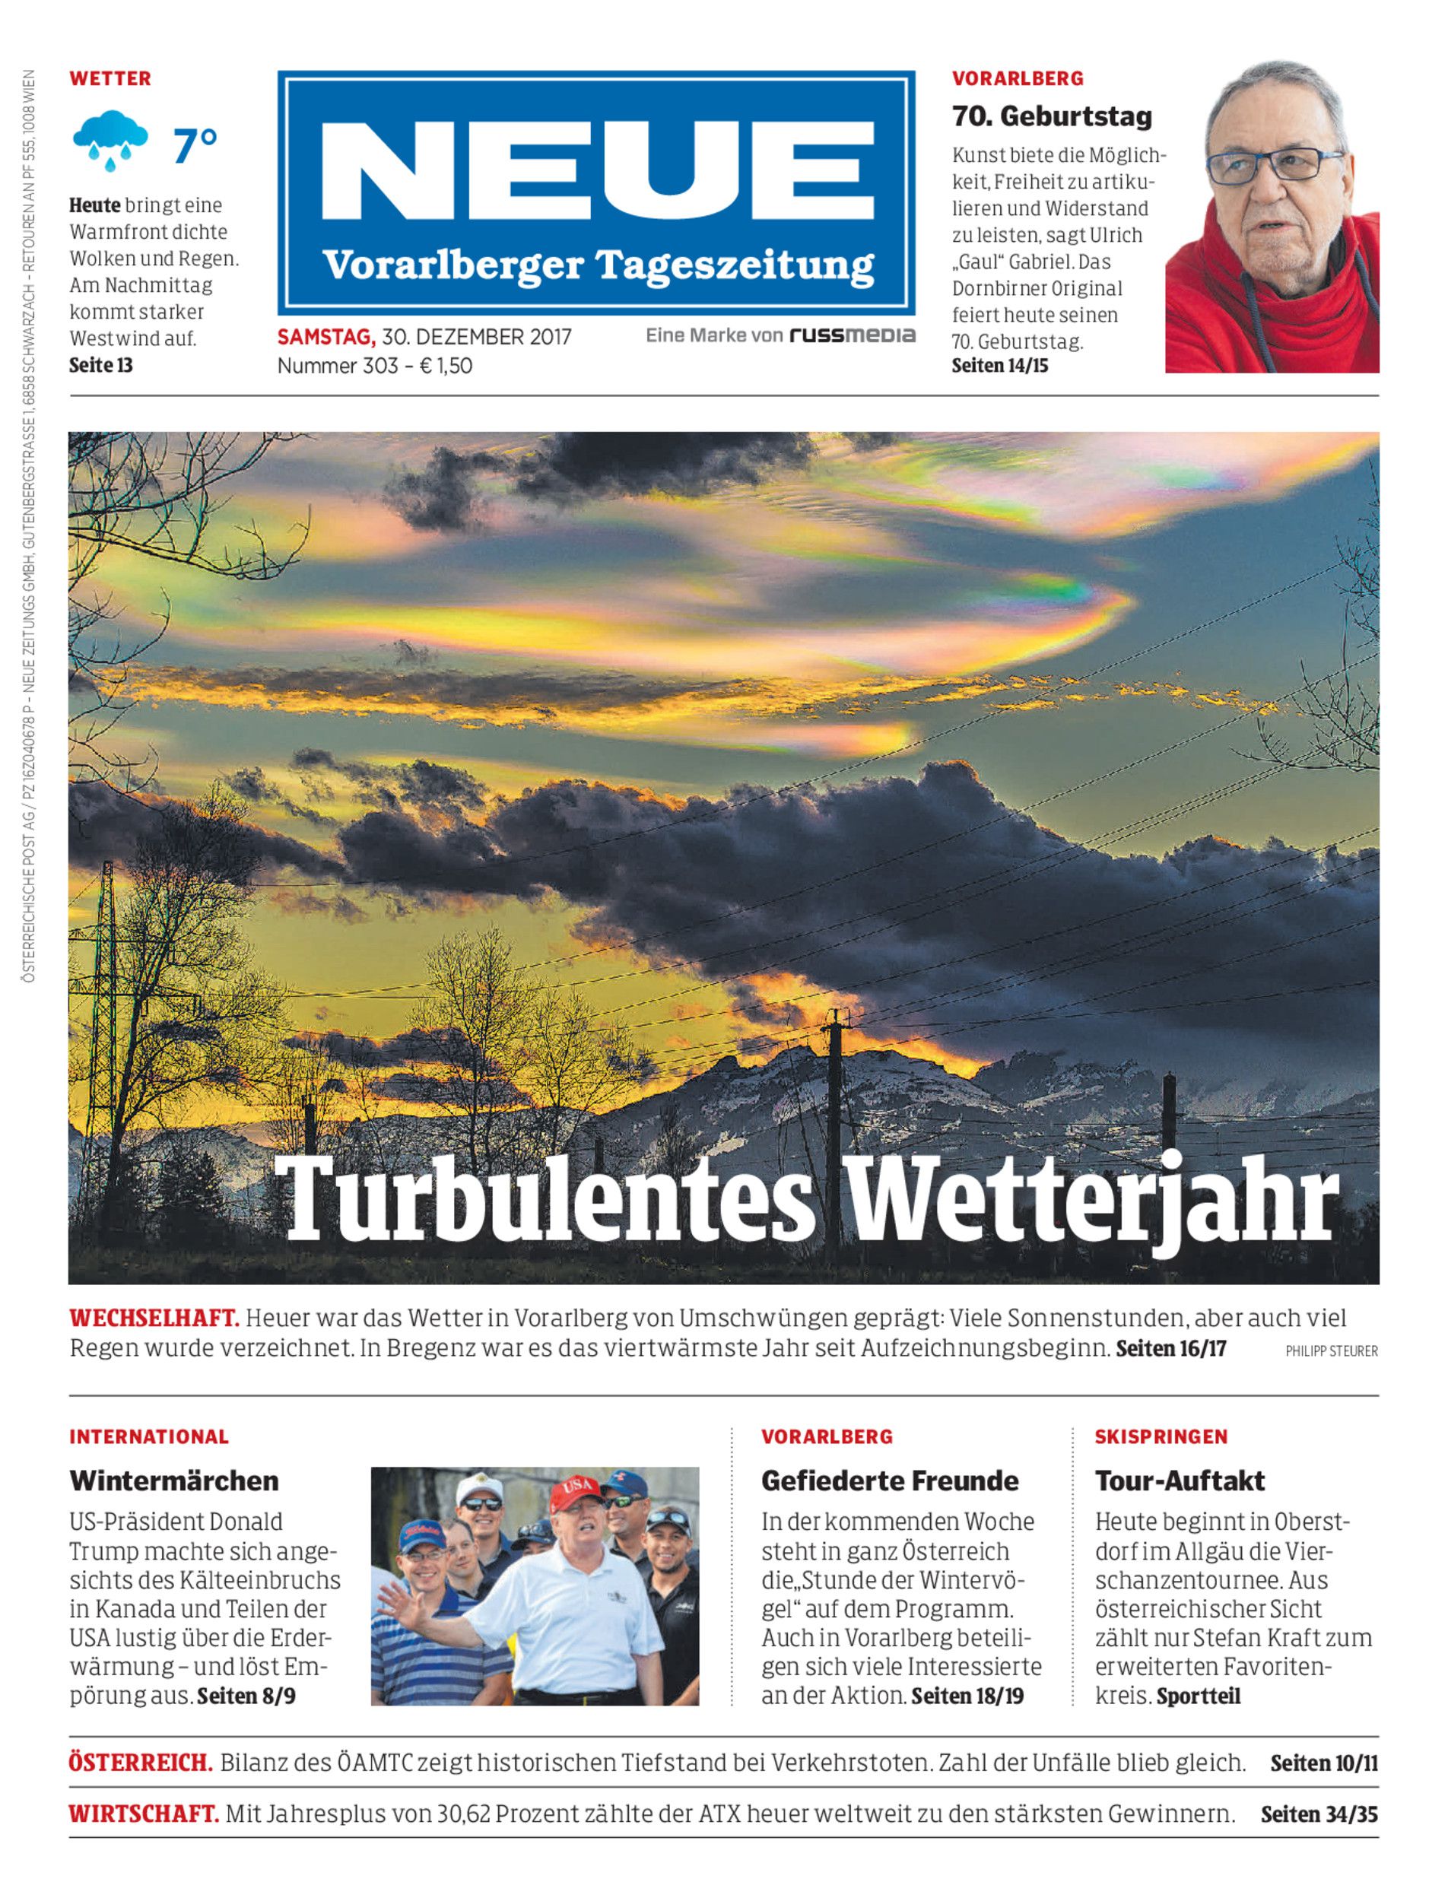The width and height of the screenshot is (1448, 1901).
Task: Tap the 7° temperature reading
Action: point(195,144)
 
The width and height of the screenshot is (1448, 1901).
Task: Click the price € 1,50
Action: point(446,366)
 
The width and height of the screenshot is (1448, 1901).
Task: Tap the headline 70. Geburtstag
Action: point(1052,116)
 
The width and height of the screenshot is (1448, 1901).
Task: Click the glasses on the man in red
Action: point(1273,163)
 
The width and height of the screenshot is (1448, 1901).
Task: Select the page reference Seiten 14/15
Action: point(1000,366)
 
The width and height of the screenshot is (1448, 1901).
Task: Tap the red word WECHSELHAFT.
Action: point(154,1318)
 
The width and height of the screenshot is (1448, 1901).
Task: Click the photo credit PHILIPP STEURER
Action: point(1331,1351)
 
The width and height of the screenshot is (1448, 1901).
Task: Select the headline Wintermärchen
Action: point(174,1480)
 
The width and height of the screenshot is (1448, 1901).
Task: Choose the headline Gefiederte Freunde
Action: point(890,1480)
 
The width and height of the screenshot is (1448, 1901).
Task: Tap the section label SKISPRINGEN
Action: point(1161,1436)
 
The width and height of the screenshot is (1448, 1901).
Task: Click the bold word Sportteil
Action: point(1198,1696)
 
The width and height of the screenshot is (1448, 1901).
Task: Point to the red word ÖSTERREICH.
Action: point(141,1763)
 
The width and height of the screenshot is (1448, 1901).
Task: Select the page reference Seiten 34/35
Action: point(1319,1814)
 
